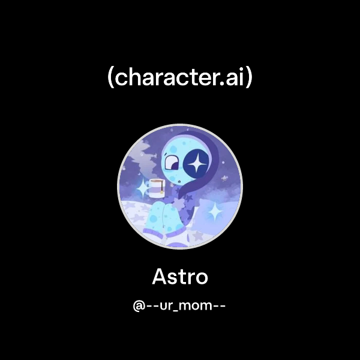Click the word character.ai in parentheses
[179, 78]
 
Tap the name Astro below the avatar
[179, 277]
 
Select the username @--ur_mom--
[179, 305]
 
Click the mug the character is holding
[155, 187]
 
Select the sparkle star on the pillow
[213, 211]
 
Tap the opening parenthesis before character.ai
[110, 79]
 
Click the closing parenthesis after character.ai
[249, 79]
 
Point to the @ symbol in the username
[139, 305]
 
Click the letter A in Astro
[159, 277]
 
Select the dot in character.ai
[224, 84]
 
